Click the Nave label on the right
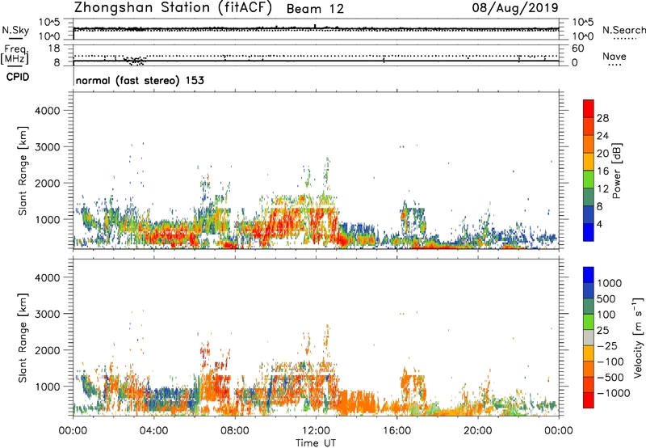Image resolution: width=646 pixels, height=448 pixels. click(x=615, y=57)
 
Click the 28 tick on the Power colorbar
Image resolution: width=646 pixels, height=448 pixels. click(x=604, y=118)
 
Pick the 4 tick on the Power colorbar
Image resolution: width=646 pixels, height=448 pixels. click(x=602, y=223)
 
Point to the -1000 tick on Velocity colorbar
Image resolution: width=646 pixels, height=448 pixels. click(x=611, y=392)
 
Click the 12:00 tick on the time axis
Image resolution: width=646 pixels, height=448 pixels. click(x=316, y=429)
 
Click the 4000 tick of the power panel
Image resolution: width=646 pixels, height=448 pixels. click(x=53, y=110)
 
